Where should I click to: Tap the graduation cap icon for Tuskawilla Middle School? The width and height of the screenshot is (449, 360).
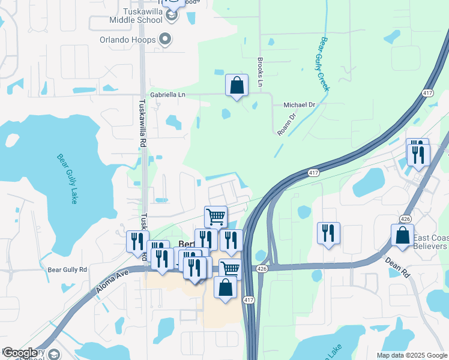point(172,16)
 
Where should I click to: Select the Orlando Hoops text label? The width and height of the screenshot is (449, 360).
point(128,40)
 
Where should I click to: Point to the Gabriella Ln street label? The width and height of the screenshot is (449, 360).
point(168,95)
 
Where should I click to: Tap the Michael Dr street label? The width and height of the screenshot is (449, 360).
point(303,104)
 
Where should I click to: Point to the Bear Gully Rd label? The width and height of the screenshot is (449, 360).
point(68,270)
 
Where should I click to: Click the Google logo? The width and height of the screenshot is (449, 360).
point(20,353)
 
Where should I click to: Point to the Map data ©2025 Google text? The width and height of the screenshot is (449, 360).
point(412,355)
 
